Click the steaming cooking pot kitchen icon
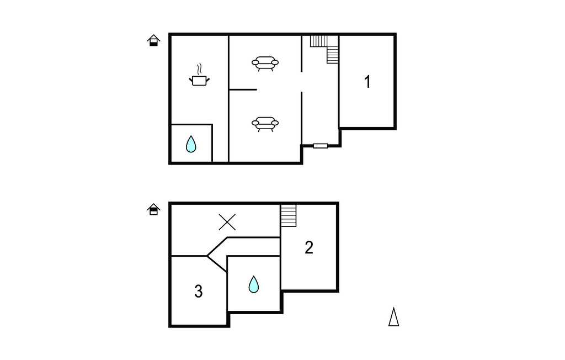click(x=199, y=76)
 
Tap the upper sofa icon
click(x=265, y=63)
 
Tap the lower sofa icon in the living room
click(x=265, y=124)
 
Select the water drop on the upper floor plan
click(x=191, y=144)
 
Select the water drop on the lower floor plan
click(x=254, y=284)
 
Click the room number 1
click(x=367, y=82)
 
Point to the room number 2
click(x=309, y=247)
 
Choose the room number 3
click(x=199, y=291)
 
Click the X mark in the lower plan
click(x=227, y=222)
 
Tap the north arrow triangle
click(x=393, y=317)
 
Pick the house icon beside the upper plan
click(x=153, y=40)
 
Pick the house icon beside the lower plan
click(x=153, y=209)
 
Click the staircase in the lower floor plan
click(x=289, y=216)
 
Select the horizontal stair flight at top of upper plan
click(x=319, y=41)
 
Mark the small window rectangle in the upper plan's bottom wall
click(x=321, y=146)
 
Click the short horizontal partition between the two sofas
click(x=243, y=89)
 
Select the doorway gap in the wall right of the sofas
click(x=302, y=82)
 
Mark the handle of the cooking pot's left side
click(x=191, y=80)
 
